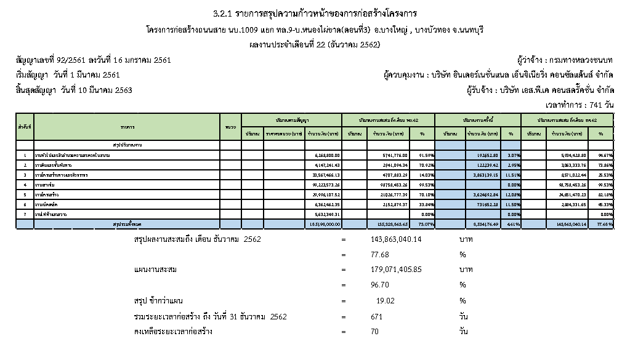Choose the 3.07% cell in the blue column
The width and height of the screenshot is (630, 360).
pyautogui.click(x=509, y=156)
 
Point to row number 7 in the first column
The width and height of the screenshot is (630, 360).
pyautogui.click(x=25, y=214)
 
